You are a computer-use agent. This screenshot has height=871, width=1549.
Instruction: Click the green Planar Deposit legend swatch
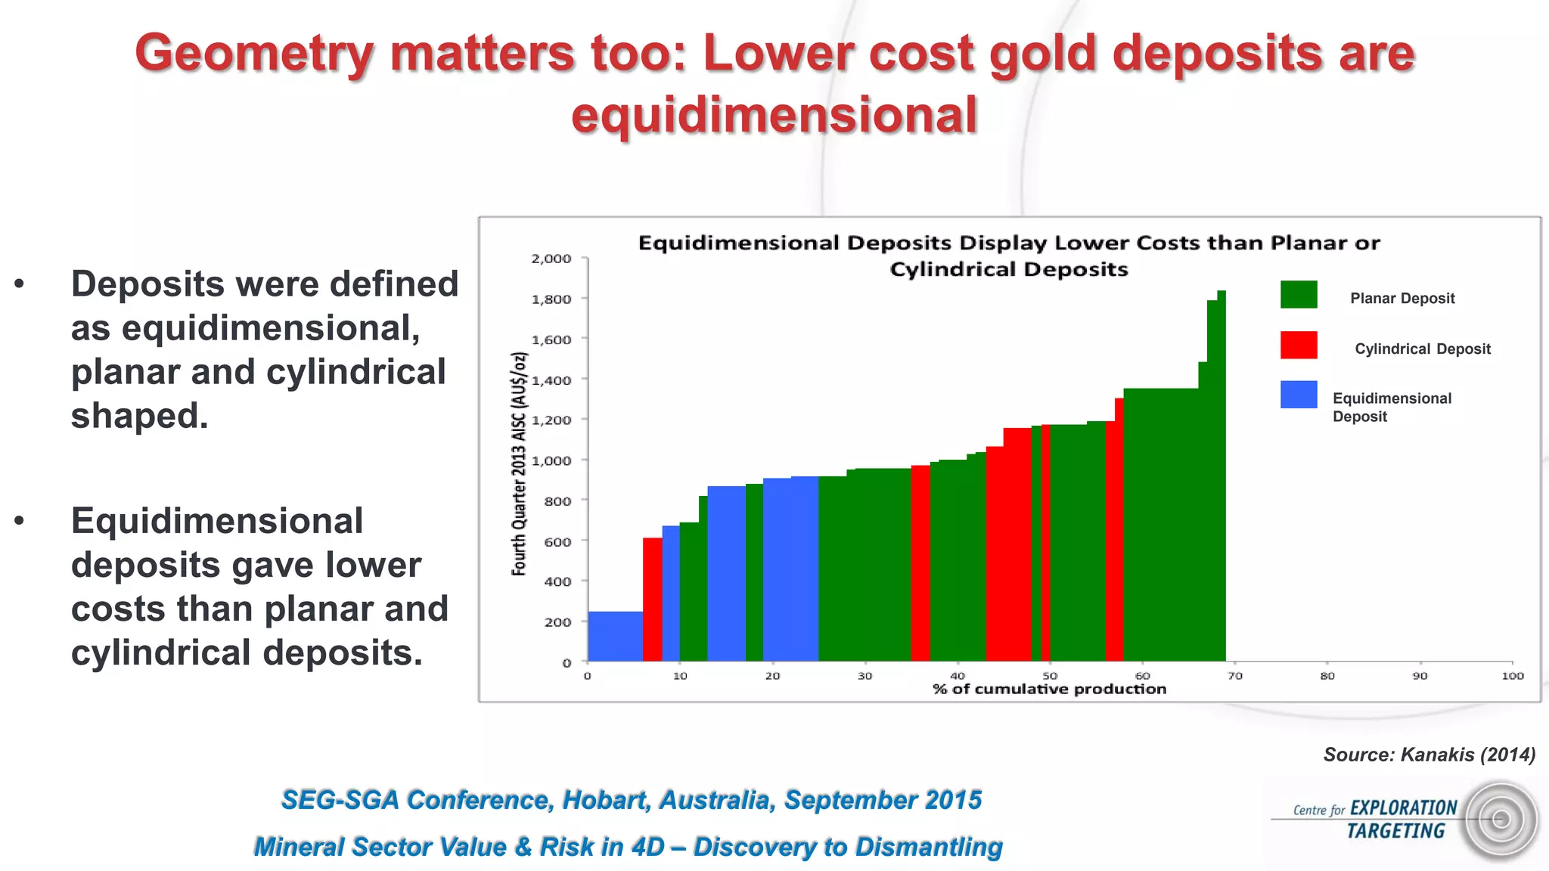(x=1299, y=294)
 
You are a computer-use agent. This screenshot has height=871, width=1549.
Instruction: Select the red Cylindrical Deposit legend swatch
(x=1299, y=345)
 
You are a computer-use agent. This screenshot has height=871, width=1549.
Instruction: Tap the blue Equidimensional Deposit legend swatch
(x=1299, y=395)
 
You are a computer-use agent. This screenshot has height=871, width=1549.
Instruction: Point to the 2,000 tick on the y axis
(x=551, y=259)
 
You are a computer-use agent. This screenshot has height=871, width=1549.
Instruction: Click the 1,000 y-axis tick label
(x=551, y=460)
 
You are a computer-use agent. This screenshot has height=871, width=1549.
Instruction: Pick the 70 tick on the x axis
(x=1235, y=676)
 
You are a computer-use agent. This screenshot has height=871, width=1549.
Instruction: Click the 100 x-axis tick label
(x=1512, y=676)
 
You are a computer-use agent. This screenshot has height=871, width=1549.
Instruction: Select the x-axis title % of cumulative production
(x=1049, y=689)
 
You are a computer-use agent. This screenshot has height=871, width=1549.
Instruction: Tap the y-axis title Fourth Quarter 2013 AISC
(x=519, y=463)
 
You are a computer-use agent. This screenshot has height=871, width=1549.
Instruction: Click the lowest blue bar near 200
(x=615, y=637)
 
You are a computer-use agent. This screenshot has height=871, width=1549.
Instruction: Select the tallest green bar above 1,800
(x=1221, y=476)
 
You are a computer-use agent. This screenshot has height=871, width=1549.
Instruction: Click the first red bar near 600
(x=652, y=600)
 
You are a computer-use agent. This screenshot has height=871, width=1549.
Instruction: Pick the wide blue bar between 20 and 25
(x=790, y=569)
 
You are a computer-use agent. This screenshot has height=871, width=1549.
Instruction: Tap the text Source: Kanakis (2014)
(x=1429, y=755)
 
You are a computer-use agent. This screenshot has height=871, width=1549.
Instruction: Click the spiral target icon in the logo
(x=1501, y=820)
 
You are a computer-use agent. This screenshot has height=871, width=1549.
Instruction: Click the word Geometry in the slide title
(x=254, y=54)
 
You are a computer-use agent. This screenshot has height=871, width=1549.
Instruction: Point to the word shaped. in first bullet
(x=139, y=416)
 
